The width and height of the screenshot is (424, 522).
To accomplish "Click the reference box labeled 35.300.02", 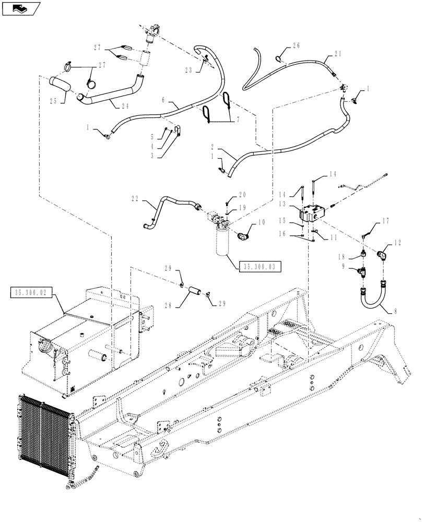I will pos(31,293).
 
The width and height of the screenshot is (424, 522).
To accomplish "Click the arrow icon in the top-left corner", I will pos(20,8).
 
